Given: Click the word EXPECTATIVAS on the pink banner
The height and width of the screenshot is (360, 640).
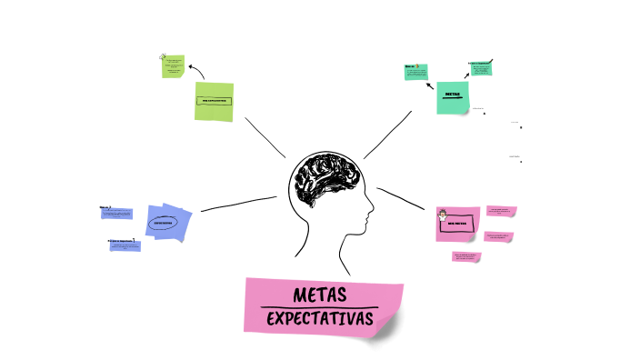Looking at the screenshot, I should (x=321, y=320).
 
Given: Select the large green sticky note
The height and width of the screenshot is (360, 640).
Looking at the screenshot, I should (x=214, y=101).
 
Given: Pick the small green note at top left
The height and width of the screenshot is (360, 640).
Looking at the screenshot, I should (x=174, y=65).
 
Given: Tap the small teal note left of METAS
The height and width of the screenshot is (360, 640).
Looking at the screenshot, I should (x=416, y=72).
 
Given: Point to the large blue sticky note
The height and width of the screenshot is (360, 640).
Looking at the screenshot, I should (x=169, y=222).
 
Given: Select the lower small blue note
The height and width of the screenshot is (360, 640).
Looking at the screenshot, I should (x=125, y=245).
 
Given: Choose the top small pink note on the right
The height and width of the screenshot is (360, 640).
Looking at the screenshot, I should (x=501, y=211).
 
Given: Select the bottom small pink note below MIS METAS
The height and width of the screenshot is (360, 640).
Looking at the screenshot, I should (x=466, y=256).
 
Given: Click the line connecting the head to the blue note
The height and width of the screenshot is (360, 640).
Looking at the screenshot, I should (x=238, y=205).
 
